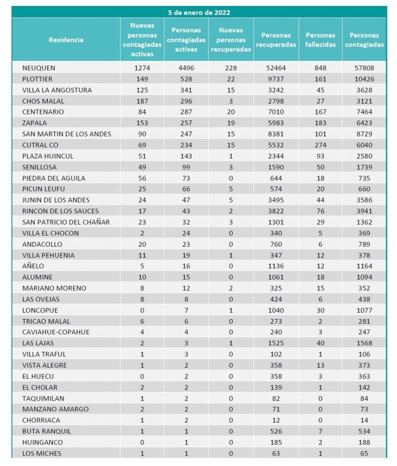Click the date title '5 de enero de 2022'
[x=199, y=12]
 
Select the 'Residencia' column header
[x=66, y=40]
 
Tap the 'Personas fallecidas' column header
[x=321, y=40]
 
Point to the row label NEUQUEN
[x=39, y=68]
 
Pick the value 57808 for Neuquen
[x=364, y=68]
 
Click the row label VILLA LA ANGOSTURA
[x=57, y=90]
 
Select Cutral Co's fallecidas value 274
[x=321, y=145]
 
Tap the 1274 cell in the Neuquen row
[x=142, y=68]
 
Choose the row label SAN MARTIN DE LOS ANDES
[x=66, y=134]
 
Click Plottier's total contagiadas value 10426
[x=364, y=79]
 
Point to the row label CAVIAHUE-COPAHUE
[x=56, y=332]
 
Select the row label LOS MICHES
[x=41, y=453]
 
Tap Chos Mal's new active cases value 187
[x=142, y=101]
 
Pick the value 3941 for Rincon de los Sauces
[x=364, y=211]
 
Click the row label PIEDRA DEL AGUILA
[x=54, y=178]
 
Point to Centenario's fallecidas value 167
[x=321, y=112]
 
